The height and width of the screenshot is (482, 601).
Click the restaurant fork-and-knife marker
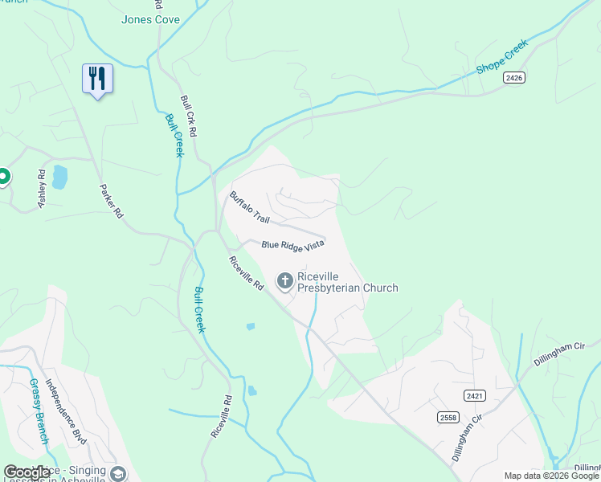97,79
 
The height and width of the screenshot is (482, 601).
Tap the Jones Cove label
150,19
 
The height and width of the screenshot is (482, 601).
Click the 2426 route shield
515,77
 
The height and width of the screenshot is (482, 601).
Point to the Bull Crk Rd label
189,116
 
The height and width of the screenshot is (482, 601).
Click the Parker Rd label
110,202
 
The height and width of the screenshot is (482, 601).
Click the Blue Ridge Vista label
292,244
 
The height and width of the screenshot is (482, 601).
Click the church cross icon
284,280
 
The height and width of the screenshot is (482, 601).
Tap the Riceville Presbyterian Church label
347,281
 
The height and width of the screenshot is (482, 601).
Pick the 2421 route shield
475,396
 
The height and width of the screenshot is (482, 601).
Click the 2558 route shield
448,417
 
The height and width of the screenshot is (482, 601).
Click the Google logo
27,473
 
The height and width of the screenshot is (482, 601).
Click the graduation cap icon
118,474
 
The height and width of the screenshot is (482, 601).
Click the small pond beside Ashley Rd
59,177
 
